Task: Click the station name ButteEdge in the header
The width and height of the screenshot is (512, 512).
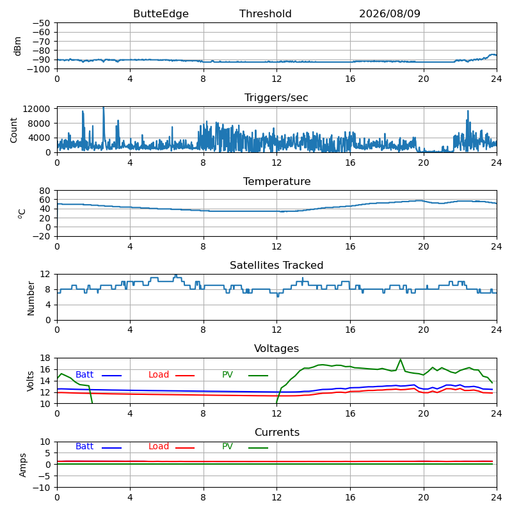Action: pos(161,13)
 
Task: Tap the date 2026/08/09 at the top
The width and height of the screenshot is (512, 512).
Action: pos(390,13)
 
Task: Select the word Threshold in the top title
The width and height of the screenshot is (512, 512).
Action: pos(265,13)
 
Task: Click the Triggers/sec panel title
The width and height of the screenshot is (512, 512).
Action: pos(276,98)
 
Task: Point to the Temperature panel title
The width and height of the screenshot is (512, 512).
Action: pos(277,181)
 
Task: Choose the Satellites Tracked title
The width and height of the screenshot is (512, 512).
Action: pos(276,265)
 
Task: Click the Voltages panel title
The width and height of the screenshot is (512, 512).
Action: pos(276,348)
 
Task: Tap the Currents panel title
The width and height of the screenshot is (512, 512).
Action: pos(277,433)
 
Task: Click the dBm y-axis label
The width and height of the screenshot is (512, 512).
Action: pos(18,46)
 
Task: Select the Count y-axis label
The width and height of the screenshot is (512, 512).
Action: pos(13,131)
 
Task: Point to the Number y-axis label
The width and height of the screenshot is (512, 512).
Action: pos(31,298)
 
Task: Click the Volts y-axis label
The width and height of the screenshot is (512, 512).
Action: pos(30,381)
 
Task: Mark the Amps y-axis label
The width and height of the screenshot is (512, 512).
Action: pos(22,465)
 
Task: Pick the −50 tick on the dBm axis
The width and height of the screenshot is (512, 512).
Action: pos(42,23)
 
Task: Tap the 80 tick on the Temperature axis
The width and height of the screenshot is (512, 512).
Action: pos(45,190)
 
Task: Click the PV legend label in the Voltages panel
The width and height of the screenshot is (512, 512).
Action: pos(227,374)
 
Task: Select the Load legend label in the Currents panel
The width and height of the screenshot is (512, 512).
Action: pos(159,446)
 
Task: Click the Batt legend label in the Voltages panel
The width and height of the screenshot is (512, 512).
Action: pos(84,374)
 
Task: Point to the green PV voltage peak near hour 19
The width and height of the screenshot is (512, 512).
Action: pos(401,360)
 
